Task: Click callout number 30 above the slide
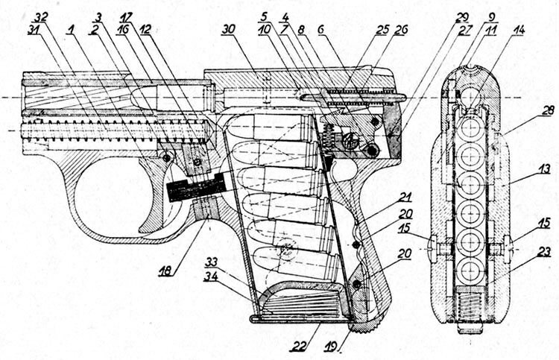click(228, 29)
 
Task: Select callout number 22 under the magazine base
click(297, 346)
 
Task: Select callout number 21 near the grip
click(405, 197)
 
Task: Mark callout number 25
click(382, 30)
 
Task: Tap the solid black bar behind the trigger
click(196, 187)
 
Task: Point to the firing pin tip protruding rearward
click(400, 97)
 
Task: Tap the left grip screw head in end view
click(432, 248)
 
